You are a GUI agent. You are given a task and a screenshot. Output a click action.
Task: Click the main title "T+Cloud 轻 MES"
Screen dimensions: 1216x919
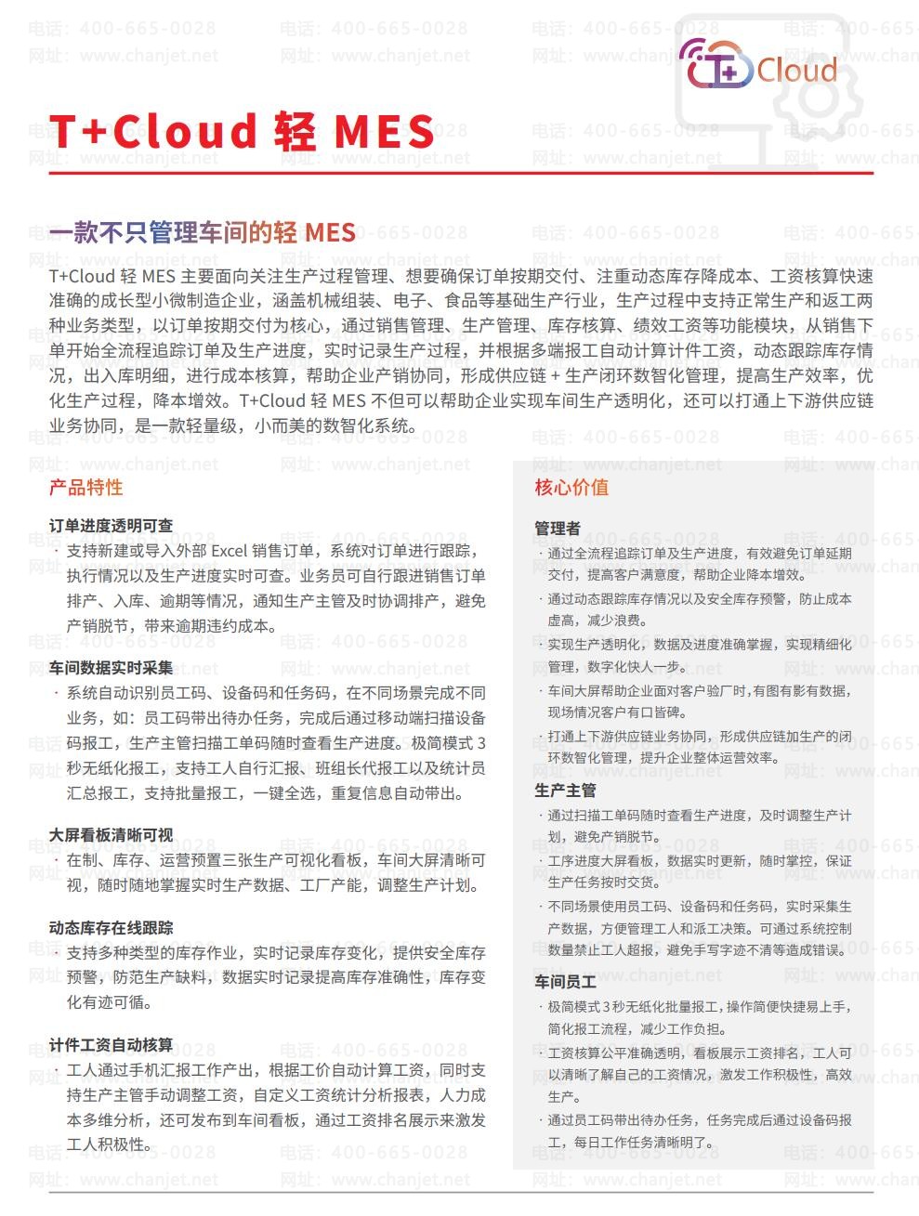(242, 131)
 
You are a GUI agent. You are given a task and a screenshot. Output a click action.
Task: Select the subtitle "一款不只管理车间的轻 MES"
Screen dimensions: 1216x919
(202, 231)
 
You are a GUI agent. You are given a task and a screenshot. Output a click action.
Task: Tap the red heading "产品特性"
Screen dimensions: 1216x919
(85, 488)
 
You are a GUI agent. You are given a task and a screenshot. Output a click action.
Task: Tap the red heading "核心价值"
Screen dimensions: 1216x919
(571, 488)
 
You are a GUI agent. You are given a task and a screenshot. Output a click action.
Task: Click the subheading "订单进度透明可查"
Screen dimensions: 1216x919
(111, 526)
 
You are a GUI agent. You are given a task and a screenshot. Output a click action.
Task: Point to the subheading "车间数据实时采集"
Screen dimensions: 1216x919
(111, 668)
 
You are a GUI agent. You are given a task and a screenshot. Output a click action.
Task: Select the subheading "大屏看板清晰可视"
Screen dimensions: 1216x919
(111, 835)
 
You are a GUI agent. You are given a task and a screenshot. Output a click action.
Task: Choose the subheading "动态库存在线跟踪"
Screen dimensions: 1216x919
(111, 928)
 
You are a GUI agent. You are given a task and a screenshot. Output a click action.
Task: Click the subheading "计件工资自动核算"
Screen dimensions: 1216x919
(111, 1045)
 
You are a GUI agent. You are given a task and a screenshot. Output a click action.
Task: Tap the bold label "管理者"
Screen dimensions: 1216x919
(557, 529)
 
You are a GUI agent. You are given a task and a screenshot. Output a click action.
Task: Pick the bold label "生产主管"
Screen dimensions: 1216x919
(565, 791)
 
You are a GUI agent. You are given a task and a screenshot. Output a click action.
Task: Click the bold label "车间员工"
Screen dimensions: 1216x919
(565, 981)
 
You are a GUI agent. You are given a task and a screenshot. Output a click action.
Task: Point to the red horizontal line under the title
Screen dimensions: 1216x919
(461, 173)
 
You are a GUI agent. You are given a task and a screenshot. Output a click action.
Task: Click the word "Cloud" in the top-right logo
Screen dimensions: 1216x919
(796, 71)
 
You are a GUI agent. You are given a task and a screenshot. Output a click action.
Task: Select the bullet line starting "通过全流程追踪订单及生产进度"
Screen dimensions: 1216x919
(699, 554)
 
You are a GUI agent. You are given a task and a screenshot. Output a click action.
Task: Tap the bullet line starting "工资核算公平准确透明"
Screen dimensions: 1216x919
(699, 1053)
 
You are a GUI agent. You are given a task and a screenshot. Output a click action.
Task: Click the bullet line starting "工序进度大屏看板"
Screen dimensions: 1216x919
(699, 861)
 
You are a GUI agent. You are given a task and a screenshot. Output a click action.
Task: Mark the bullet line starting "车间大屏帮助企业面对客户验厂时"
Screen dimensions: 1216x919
(699, 691)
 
